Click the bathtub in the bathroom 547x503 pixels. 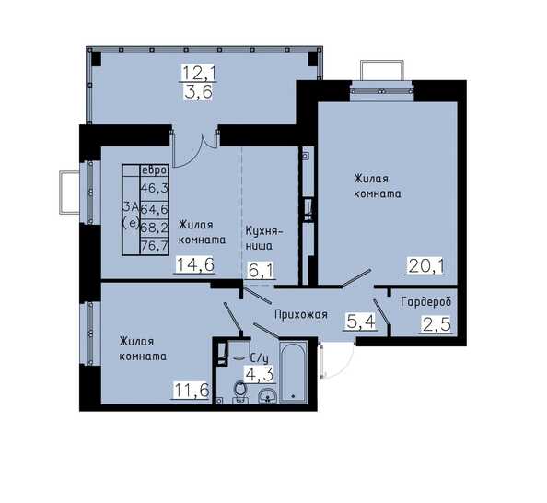294,372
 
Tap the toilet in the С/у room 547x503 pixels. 240,392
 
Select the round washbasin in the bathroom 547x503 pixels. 268,396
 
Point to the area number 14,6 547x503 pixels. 195,264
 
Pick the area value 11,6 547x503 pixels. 192,390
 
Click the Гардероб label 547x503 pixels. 426,301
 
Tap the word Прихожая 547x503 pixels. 301,314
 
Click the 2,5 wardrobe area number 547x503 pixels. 436,325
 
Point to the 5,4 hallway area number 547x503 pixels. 361,321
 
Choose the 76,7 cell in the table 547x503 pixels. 154,246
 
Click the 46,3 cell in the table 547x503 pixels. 154,189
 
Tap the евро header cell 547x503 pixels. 154,170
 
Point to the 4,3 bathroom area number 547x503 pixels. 259,375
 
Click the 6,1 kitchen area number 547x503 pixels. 261,271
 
